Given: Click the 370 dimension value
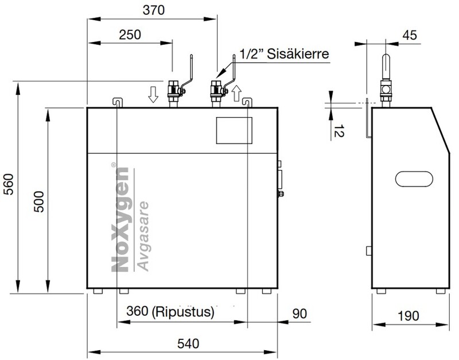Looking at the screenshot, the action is coord(154,10).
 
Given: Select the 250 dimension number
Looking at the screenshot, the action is coord(130,34).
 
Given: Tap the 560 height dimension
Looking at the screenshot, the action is coord(9,184).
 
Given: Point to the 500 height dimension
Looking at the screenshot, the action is coord(38,202).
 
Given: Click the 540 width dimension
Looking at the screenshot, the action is coord(188,343).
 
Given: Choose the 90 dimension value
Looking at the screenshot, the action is coord(299,313).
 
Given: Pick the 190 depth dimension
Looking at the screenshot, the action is coord(409,316).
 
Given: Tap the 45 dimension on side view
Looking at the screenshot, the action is coord(410,35).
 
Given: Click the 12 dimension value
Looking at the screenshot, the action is coord(339,131).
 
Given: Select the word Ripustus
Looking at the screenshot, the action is coord(183,312).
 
